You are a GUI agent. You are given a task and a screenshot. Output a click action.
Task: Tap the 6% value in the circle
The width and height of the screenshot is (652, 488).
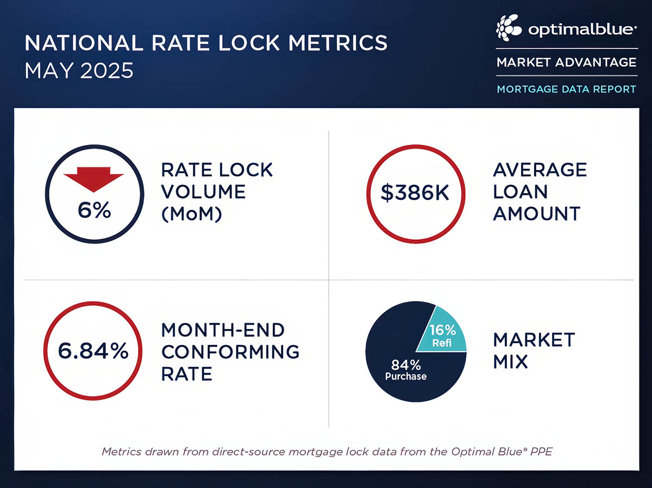93,210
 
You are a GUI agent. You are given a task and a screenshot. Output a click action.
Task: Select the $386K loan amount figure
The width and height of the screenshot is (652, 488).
415,193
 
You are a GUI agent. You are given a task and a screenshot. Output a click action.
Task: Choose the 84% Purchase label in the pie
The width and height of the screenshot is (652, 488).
405,369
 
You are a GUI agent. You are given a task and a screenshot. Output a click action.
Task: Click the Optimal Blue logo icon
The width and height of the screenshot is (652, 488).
509,28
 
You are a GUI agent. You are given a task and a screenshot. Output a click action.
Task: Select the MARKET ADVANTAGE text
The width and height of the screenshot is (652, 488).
566,62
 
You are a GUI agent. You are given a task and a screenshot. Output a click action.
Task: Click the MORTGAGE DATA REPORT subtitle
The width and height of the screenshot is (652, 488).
566,88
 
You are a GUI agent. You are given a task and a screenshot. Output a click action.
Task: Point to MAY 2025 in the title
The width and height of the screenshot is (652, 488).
79,71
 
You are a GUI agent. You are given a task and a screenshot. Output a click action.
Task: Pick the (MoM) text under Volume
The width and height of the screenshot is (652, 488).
192,214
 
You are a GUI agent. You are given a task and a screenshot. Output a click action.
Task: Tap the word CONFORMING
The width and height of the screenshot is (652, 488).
230,351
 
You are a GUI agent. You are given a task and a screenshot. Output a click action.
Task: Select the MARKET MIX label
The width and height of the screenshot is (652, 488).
534,351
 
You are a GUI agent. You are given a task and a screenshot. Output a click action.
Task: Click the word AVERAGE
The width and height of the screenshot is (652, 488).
540,169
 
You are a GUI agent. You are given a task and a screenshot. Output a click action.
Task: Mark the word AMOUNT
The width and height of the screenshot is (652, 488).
537,214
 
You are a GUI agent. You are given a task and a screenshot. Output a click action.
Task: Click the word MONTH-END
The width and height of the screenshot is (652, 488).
223,329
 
